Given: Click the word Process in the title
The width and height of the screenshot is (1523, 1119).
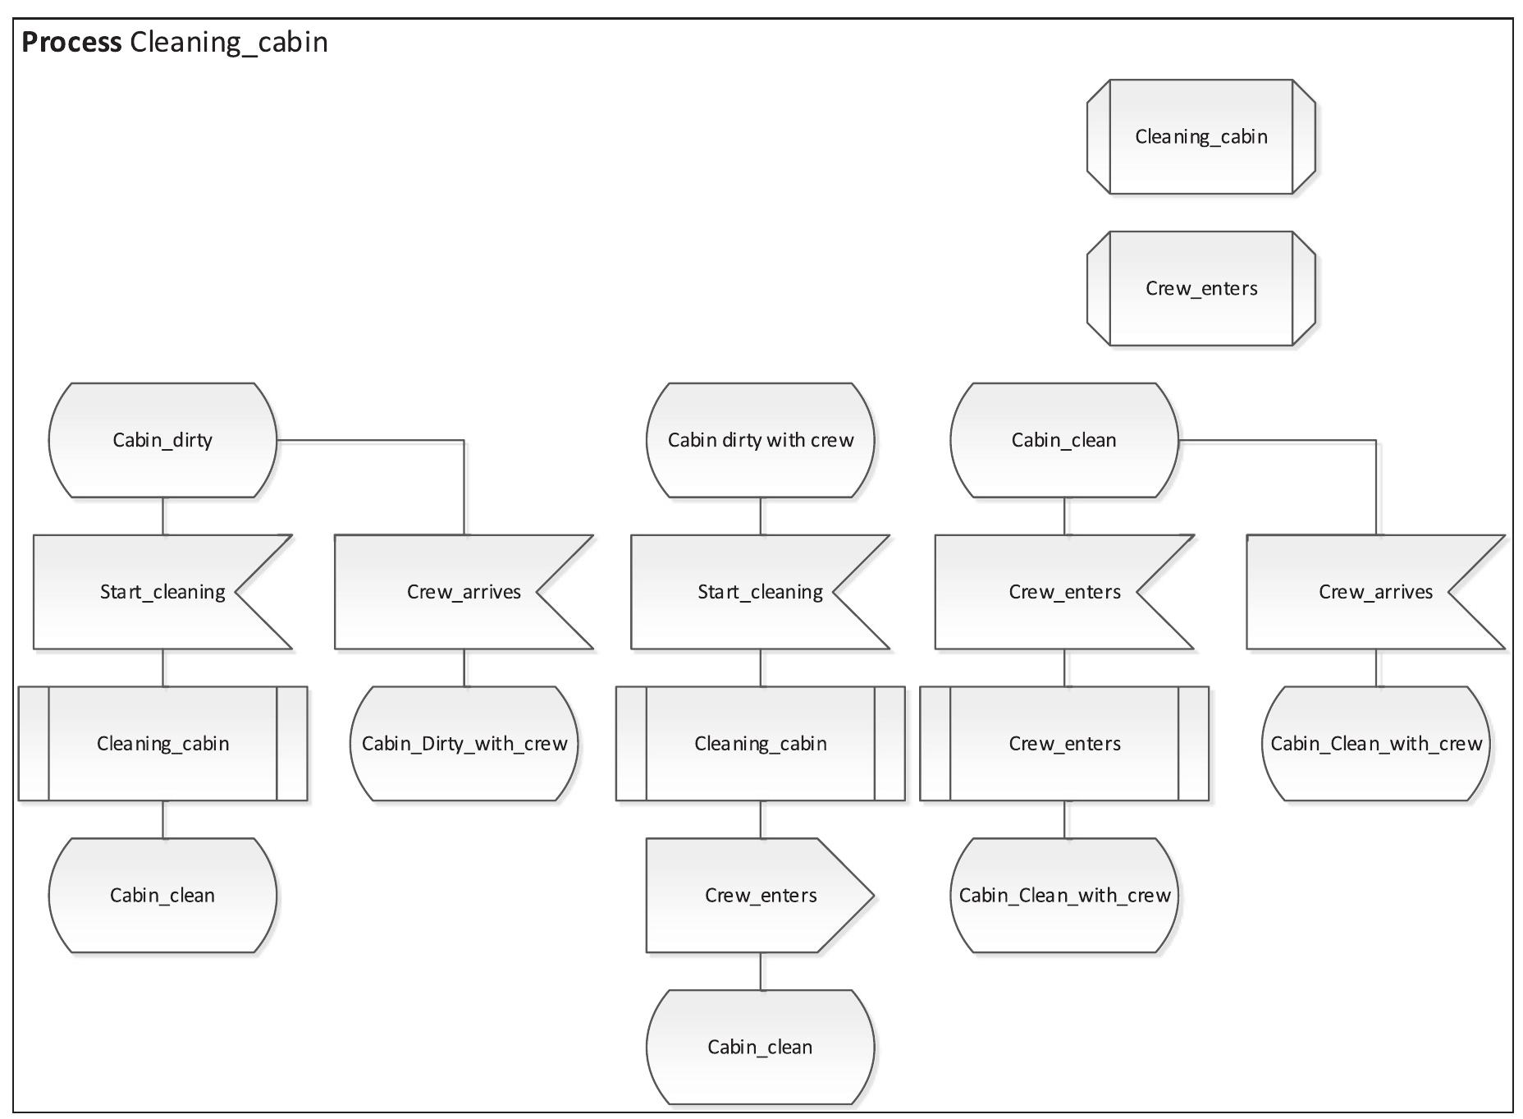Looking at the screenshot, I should pos(71,42).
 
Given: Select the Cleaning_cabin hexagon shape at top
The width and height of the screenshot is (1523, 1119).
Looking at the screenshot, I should pos(1201,137).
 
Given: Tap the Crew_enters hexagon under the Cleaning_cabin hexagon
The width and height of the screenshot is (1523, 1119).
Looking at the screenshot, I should pos(1201,289).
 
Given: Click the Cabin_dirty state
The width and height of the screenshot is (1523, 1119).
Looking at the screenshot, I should pos(162,440).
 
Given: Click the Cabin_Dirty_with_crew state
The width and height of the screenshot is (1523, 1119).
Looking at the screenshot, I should pos(464,744).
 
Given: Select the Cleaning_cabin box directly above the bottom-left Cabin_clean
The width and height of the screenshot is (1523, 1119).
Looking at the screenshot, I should pos(162,744).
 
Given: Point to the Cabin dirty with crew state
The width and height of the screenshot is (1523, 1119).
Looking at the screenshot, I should pos(760,440).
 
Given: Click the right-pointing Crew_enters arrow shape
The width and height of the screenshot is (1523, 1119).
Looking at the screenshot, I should pos(760,896).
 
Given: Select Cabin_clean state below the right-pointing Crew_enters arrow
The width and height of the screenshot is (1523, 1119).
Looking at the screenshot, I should pos(760,1048).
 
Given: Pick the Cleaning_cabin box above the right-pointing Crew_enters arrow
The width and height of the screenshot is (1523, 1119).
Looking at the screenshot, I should pos(760,744).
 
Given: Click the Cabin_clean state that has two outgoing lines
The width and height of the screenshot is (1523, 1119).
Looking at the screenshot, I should pos(1063,440).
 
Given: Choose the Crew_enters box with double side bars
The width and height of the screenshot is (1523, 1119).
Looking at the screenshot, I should pos(1063,744).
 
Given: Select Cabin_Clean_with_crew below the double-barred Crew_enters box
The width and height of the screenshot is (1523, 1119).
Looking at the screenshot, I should pos(1063,896).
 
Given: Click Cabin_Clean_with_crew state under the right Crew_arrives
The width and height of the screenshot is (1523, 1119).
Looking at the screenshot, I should pos(1375,744).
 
